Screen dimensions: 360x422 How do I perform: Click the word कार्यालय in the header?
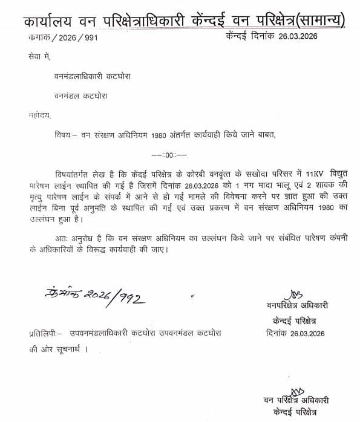[49, 22]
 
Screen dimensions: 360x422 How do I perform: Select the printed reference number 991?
[88, 37]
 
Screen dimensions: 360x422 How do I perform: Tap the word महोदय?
[40, 114]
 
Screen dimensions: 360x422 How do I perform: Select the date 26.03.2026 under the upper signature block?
[309, 332]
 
